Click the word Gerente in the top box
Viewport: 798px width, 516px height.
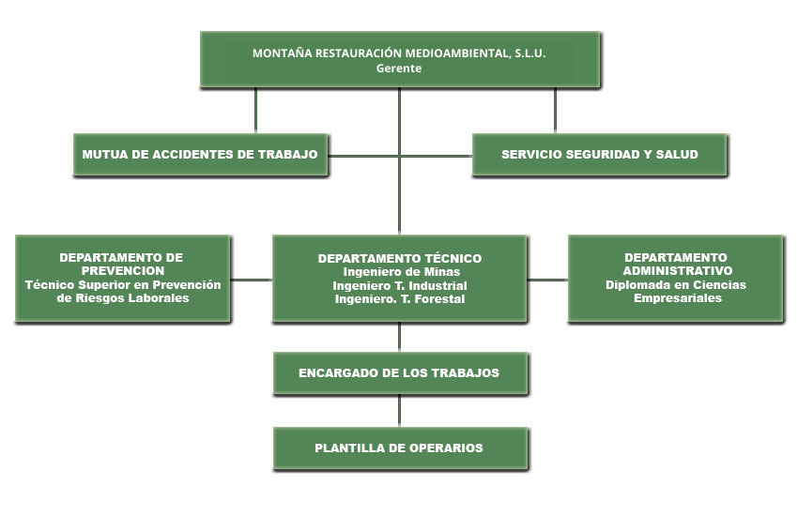[x=399, y=68]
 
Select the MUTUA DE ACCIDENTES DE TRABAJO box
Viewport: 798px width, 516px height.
[x=201, y=155]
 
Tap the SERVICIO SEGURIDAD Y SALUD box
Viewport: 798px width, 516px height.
[x=600, y=155]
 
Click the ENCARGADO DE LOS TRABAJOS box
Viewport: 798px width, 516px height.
[x=400, y=373]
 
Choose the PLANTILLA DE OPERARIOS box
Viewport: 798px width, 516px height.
[x=400, y=448]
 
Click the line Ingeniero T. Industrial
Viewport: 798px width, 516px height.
[x=400, y=286]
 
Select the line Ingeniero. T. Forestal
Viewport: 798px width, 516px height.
[x=400, y=299]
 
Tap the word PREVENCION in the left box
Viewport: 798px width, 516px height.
[x=123, y=271]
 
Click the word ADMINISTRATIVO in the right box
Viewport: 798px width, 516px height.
[x=678, y=271]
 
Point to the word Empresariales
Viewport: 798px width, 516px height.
[x=678, y=298]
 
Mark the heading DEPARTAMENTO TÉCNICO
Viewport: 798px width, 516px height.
[x=400, y=258]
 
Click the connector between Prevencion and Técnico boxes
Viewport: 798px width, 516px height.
[x=252, y=280]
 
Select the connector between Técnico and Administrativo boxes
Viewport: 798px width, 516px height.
[x=547, y=280]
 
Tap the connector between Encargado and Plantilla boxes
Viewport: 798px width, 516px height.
[x=400, y=410]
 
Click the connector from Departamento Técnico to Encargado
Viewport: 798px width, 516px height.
[x=400, y=337]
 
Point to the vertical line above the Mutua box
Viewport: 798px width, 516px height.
[x=255, y=111]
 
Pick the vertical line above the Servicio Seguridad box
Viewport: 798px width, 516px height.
[x=555, y=111]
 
